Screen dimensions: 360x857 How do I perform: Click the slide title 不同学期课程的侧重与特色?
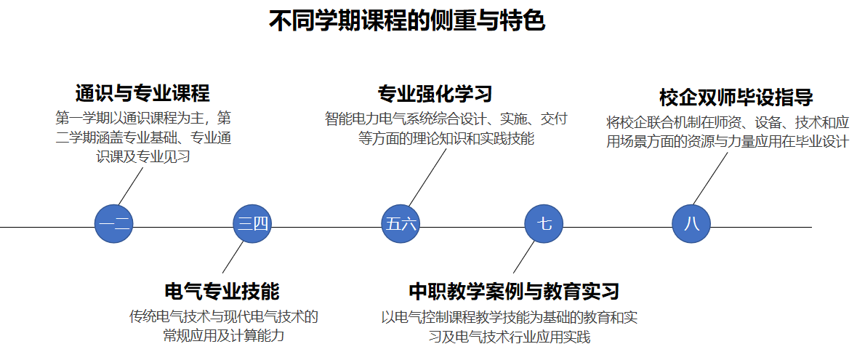coord(407,21)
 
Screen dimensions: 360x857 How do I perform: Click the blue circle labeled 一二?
coord(114,223)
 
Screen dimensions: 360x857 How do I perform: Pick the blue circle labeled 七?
coord(544,223)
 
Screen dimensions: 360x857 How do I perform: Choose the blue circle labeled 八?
coord(691,223)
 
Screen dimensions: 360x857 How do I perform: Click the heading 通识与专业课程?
coord(142,93)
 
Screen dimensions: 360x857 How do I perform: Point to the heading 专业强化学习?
coord(435,93)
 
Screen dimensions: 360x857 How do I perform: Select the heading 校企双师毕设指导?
coord(736,97)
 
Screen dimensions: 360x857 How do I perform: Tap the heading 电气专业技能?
coord(222,292)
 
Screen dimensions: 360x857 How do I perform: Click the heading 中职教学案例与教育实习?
coord(514,292)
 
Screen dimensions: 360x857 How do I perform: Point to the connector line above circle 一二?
coord(132,185)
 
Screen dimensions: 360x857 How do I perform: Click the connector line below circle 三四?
coord(233,257)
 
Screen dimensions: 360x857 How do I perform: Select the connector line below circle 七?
coord(524,257)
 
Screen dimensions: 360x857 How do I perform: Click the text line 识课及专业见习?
coord(142,156)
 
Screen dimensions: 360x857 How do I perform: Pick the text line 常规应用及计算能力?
coord(222,336)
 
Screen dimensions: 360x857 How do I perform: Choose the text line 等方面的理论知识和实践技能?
coord(446,138)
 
